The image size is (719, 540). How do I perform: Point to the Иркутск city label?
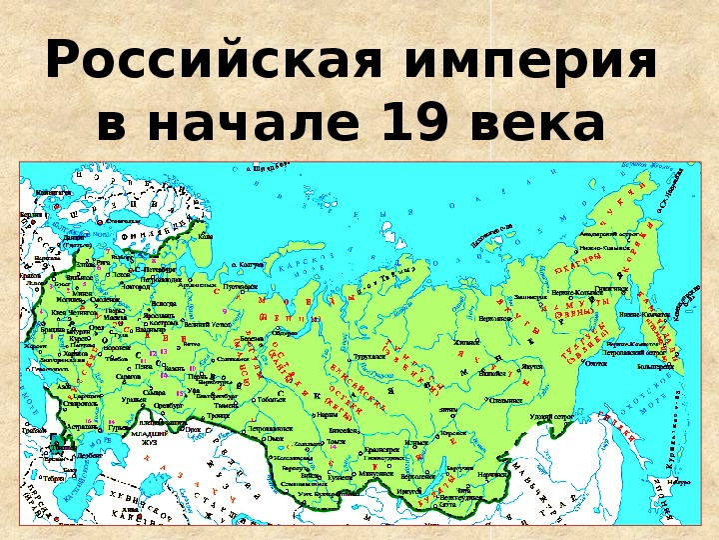[x=409, y=491]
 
